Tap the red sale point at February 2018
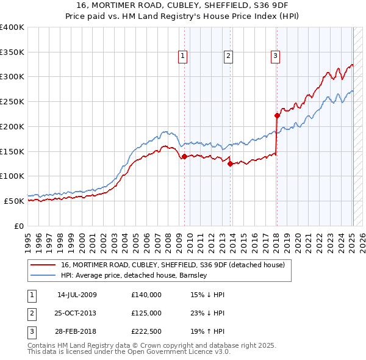tap(277, 115)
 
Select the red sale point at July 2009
tap(184, 156)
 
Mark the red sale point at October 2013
tap(230, 164)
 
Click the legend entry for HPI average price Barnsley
tap(134, 275)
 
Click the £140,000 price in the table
tap(146, 295)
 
